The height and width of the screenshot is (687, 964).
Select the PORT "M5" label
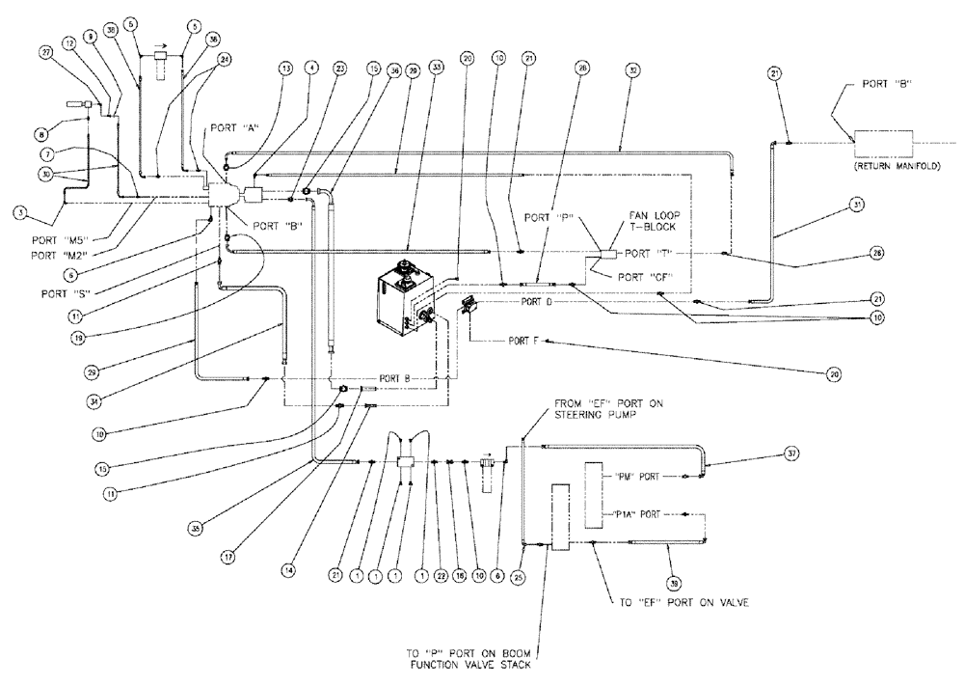pos(70,244)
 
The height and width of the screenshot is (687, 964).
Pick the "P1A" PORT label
pos(633,514)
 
